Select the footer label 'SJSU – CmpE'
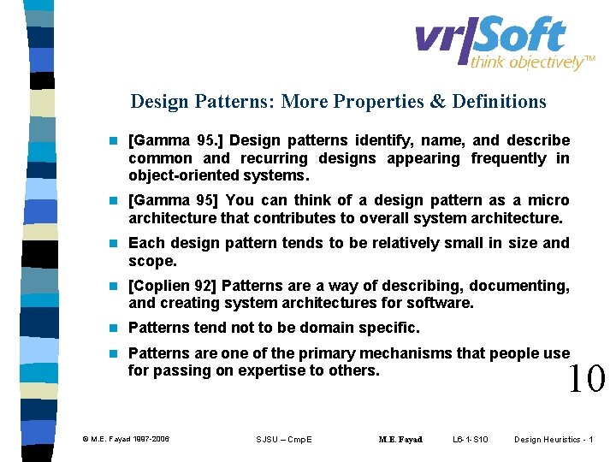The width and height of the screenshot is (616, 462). [284, 439]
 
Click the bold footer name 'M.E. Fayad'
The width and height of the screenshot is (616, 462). [400, 440]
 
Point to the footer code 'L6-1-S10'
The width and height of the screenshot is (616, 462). [470, 439]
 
